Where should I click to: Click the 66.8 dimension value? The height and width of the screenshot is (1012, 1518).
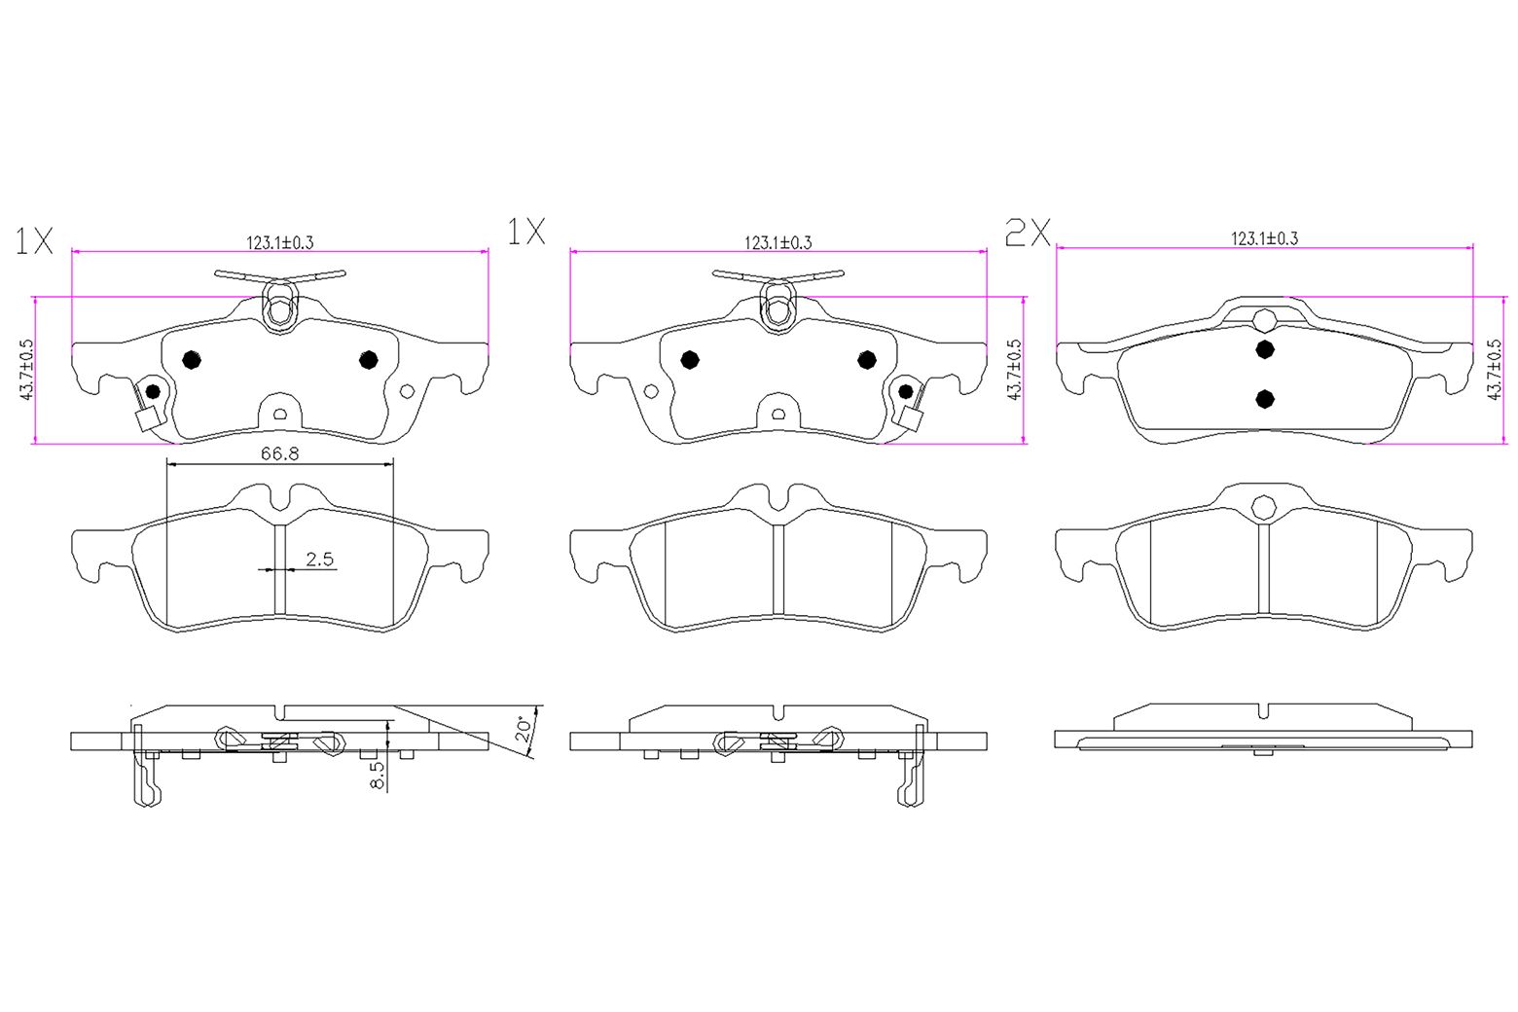coord(279,453)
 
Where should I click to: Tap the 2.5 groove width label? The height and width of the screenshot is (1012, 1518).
coord(319,559)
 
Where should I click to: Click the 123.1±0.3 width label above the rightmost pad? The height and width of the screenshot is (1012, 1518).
coord(1264,237)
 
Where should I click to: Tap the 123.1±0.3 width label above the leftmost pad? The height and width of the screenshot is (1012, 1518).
coord(278,242)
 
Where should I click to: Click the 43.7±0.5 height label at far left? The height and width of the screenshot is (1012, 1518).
coord(26,370)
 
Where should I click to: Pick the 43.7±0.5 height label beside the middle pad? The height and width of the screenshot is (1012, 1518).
coord(1014,370)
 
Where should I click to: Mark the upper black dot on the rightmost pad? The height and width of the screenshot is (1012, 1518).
coord(1264,349)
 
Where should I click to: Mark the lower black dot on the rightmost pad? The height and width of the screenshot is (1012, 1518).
coord(1264,398)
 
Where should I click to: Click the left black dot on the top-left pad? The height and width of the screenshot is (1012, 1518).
coord(192,360)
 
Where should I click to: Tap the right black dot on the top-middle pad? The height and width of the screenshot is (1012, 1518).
coord(867,360)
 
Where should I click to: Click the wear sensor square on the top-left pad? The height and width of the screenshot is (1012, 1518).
coord(147,420)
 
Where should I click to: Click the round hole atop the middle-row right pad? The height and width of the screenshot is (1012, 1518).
coord(1263,507)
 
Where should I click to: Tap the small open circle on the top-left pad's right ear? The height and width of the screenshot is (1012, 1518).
coord(407,391)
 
